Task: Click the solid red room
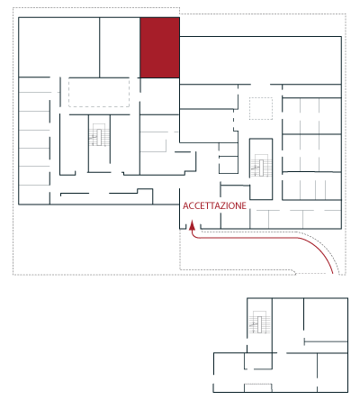160,48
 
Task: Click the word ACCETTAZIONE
214,205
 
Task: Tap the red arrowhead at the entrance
192,226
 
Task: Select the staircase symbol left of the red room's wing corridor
99,135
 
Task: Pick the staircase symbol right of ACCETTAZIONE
261,166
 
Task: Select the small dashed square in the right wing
261,108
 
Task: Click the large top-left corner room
58,47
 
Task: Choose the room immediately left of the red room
120,47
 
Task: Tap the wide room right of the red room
260,60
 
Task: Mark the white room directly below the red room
160,96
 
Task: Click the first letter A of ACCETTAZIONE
185,205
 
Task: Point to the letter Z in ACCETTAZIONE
221,205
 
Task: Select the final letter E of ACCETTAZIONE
244,205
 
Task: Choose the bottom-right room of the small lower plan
332,372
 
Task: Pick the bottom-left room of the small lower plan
229,372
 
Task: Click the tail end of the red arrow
333,273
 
